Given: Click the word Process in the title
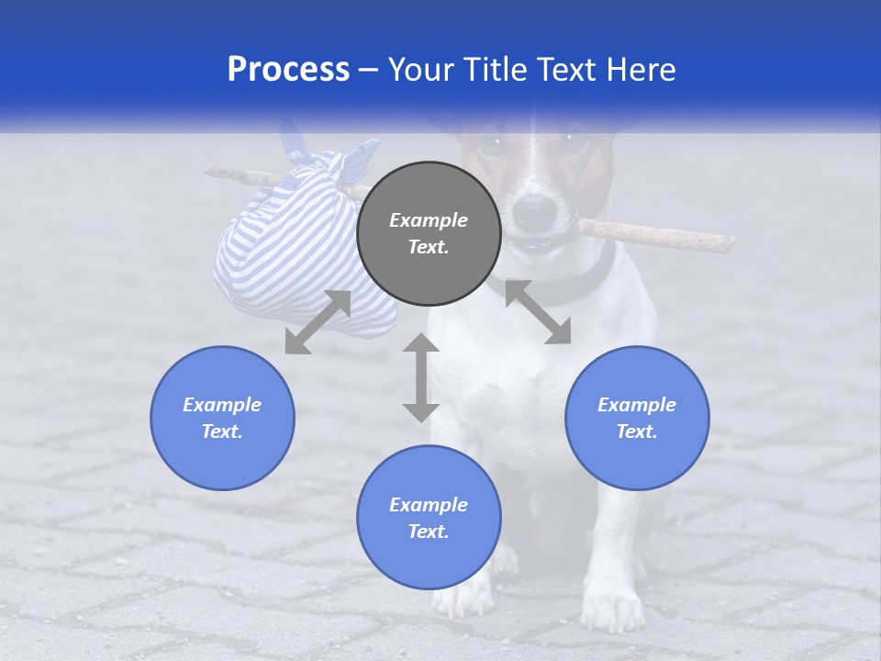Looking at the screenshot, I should (x=288, y=70).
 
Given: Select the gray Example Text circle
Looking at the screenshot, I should (x=429, y=234).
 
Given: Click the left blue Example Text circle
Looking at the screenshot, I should (x=222, y=418).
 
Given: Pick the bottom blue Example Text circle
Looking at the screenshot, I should (x=429, y=518).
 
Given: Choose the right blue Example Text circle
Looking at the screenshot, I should (x=637, y=418).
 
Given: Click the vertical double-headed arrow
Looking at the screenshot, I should (x=421, y=377).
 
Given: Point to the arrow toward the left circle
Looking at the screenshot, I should (x=318, y=322).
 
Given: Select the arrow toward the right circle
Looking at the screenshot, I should (x=538, y=312).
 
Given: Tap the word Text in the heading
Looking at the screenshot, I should (x=565, y=70).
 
